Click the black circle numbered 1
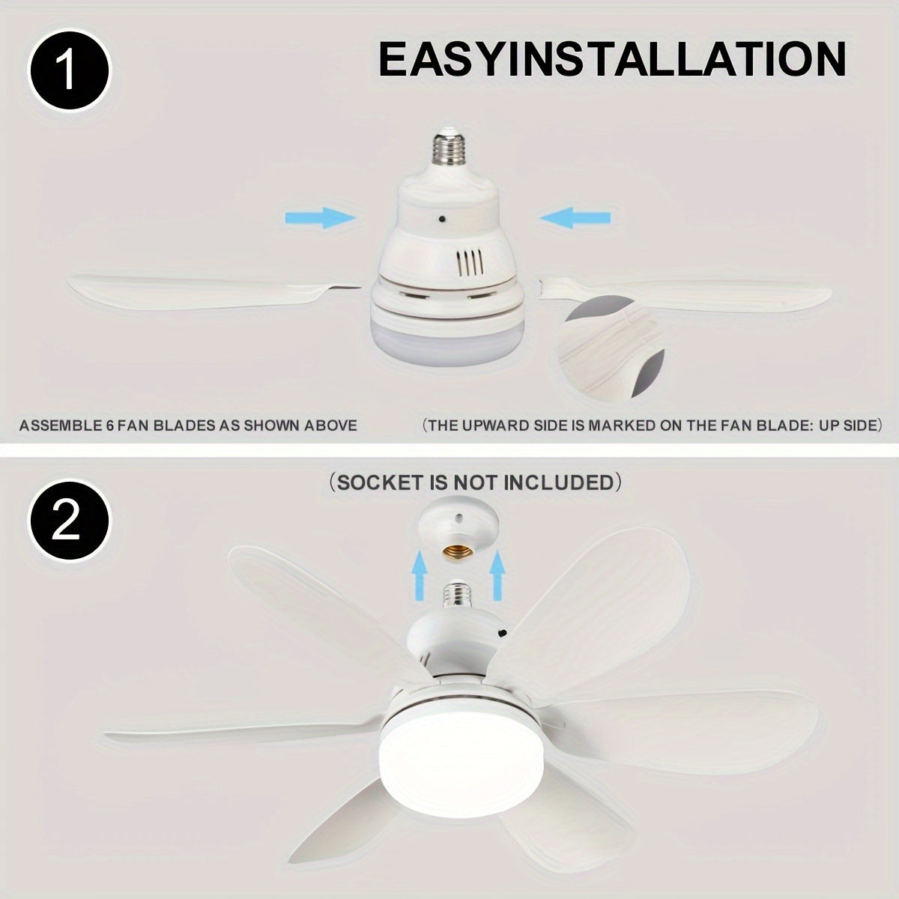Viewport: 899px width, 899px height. coord(69,70)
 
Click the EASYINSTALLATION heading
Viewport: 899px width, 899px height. coord(612,60)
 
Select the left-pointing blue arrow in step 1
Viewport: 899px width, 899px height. coord(575,217)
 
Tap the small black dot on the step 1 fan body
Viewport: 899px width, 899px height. coord(441,218)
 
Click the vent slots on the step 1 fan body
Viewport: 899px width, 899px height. coord(469,264)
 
